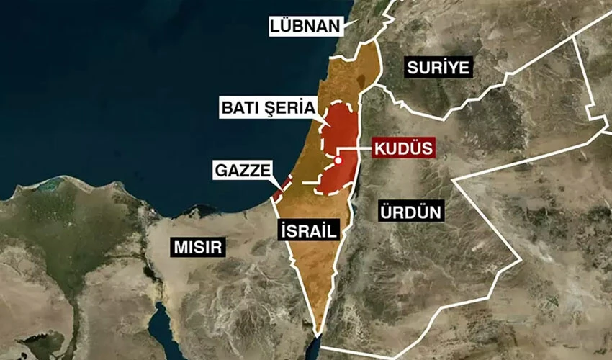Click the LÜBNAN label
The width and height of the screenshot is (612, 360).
[x=304, y=27]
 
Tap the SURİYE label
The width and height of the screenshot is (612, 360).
[x=438, y=68]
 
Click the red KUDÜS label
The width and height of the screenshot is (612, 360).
[x=403, y=149]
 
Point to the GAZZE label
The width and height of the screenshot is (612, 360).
[x=243, y=171]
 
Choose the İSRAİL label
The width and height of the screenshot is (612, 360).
[x=307, y=230]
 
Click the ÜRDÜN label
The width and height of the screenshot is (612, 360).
[x=410, y=212]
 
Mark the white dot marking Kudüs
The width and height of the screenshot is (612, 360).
[x=337, y=161]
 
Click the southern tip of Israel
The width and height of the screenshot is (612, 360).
[x=318, y=331]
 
